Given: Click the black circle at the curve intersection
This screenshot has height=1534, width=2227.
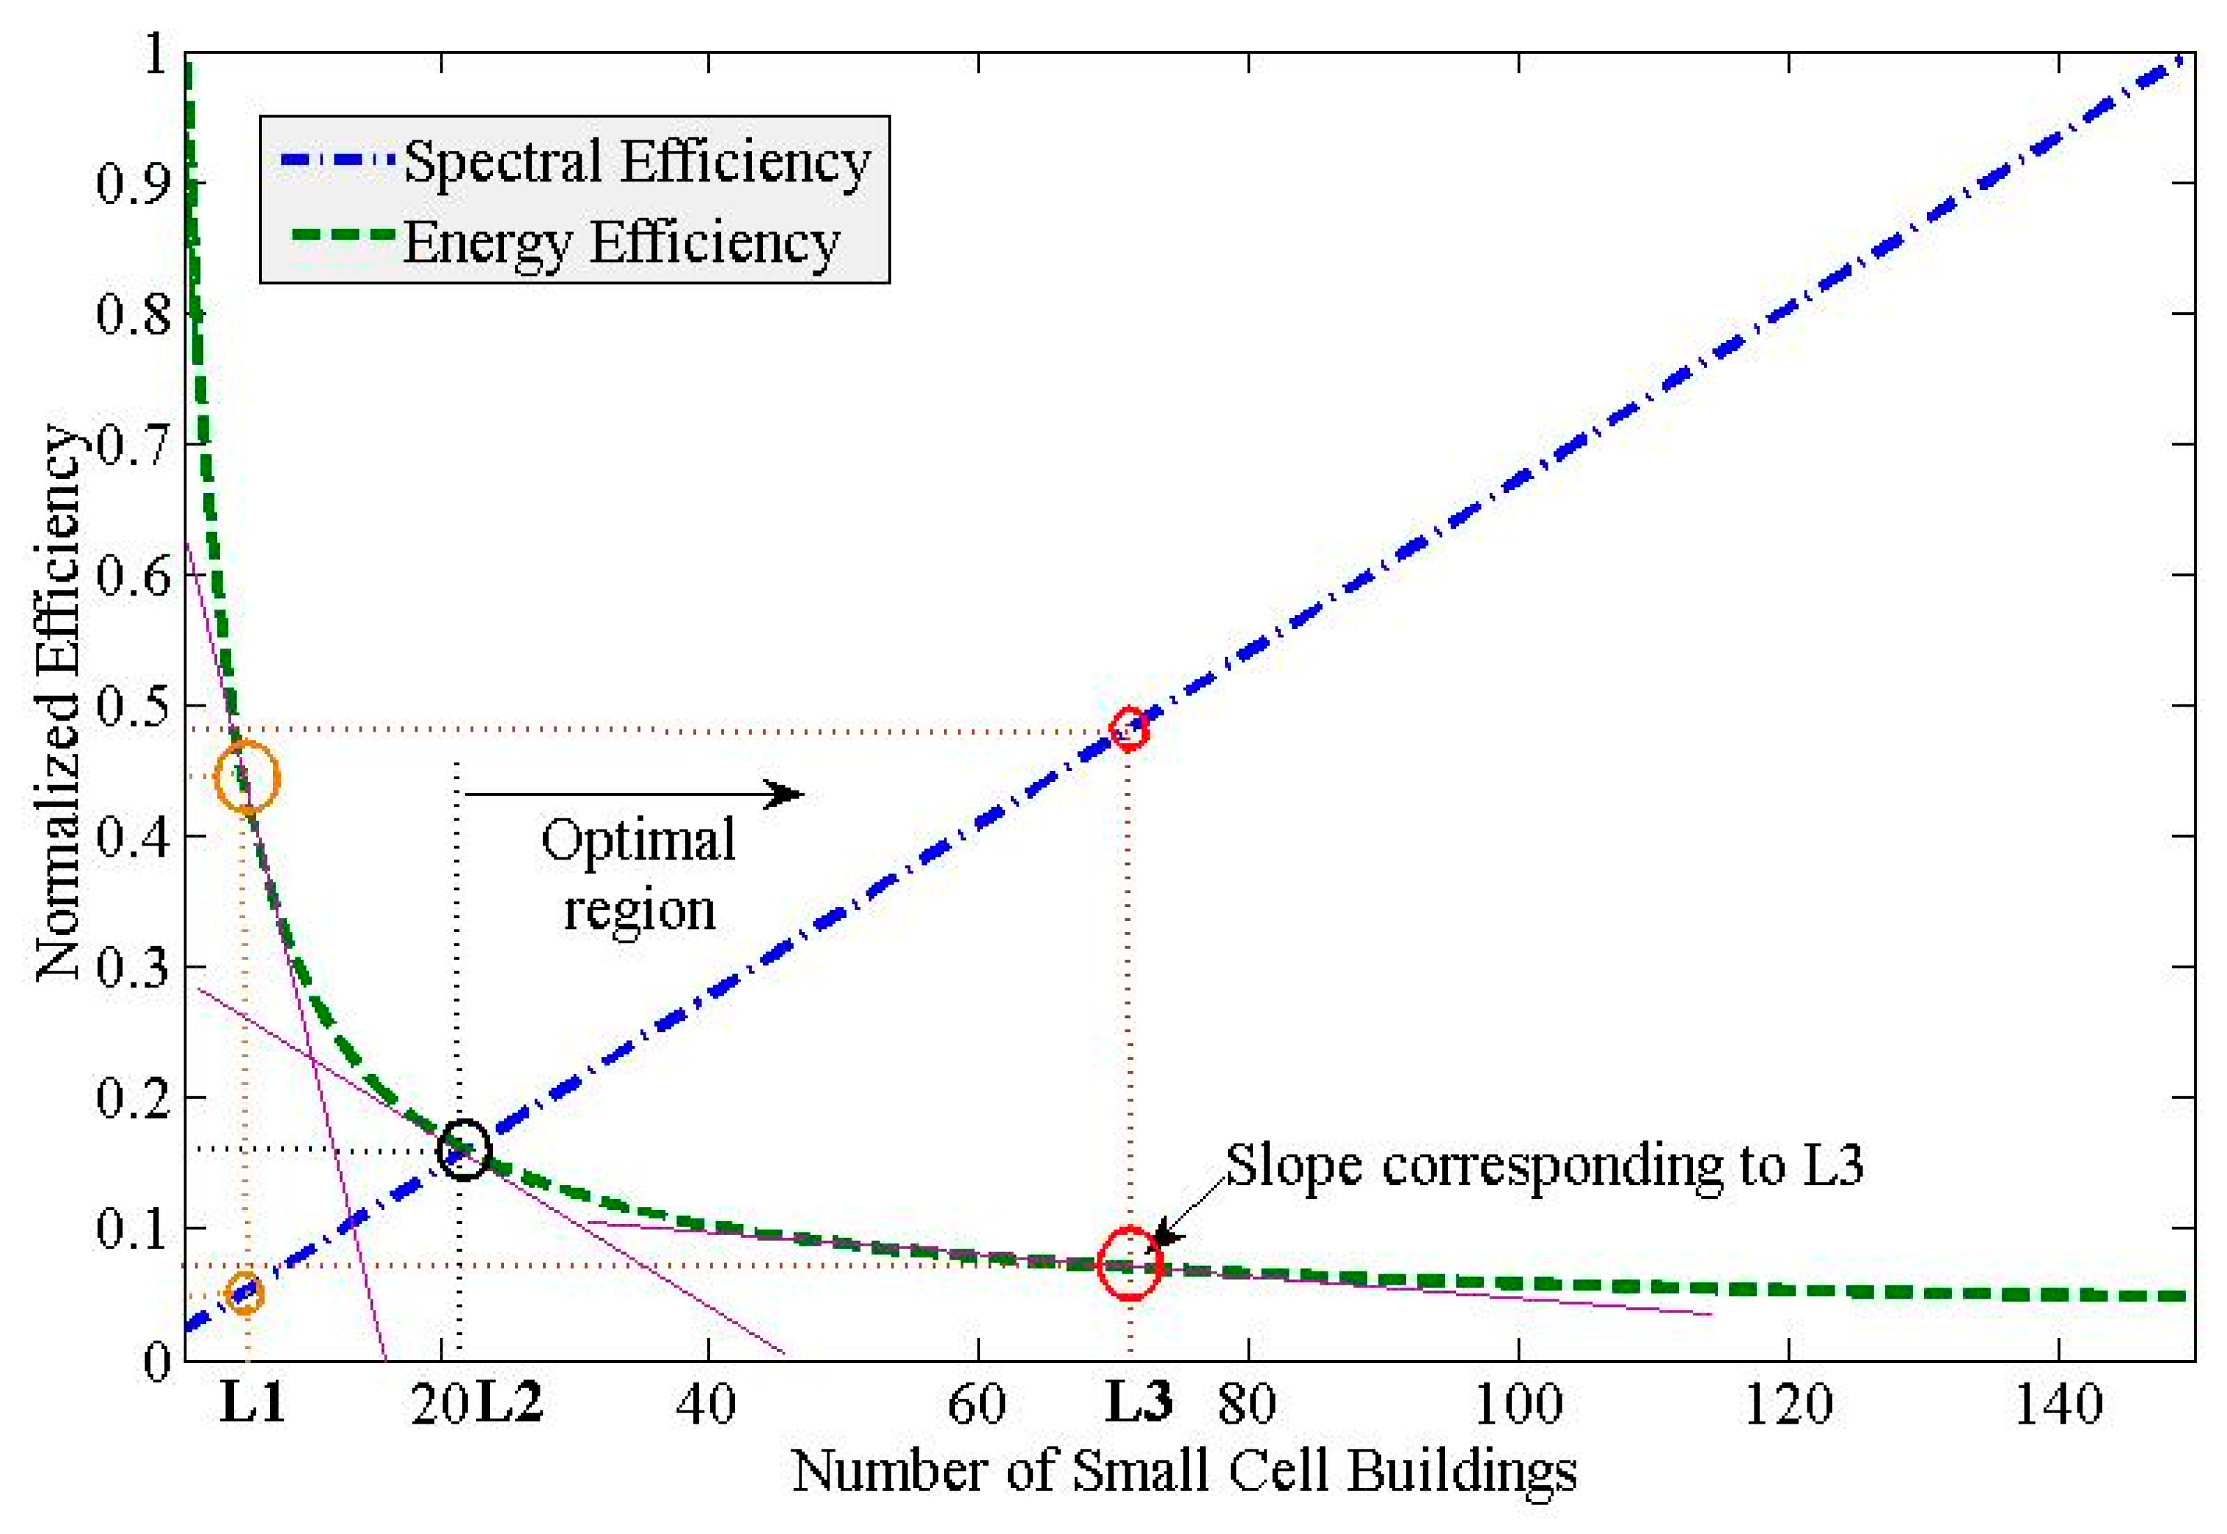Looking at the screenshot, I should click(x=463, y=1149).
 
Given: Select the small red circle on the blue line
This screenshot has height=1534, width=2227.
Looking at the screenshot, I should click(x=1129, y=728).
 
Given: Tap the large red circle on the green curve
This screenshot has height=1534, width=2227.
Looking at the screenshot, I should click(x=1130, y=1263).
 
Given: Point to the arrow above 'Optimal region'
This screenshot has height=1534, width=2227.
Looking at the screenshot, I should click(x=634, y=794).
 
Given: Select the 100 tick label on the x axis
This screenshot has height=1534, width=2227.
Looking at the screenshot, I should click(x=1518, y=1404).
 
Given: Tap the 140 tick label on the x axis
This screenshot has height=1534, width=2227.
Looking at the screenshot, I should click(x=2058, y=1404).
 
